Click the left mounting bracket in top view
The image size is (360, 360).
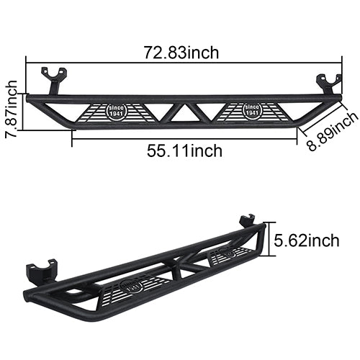pyautogui.click(x=54, y=79)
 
